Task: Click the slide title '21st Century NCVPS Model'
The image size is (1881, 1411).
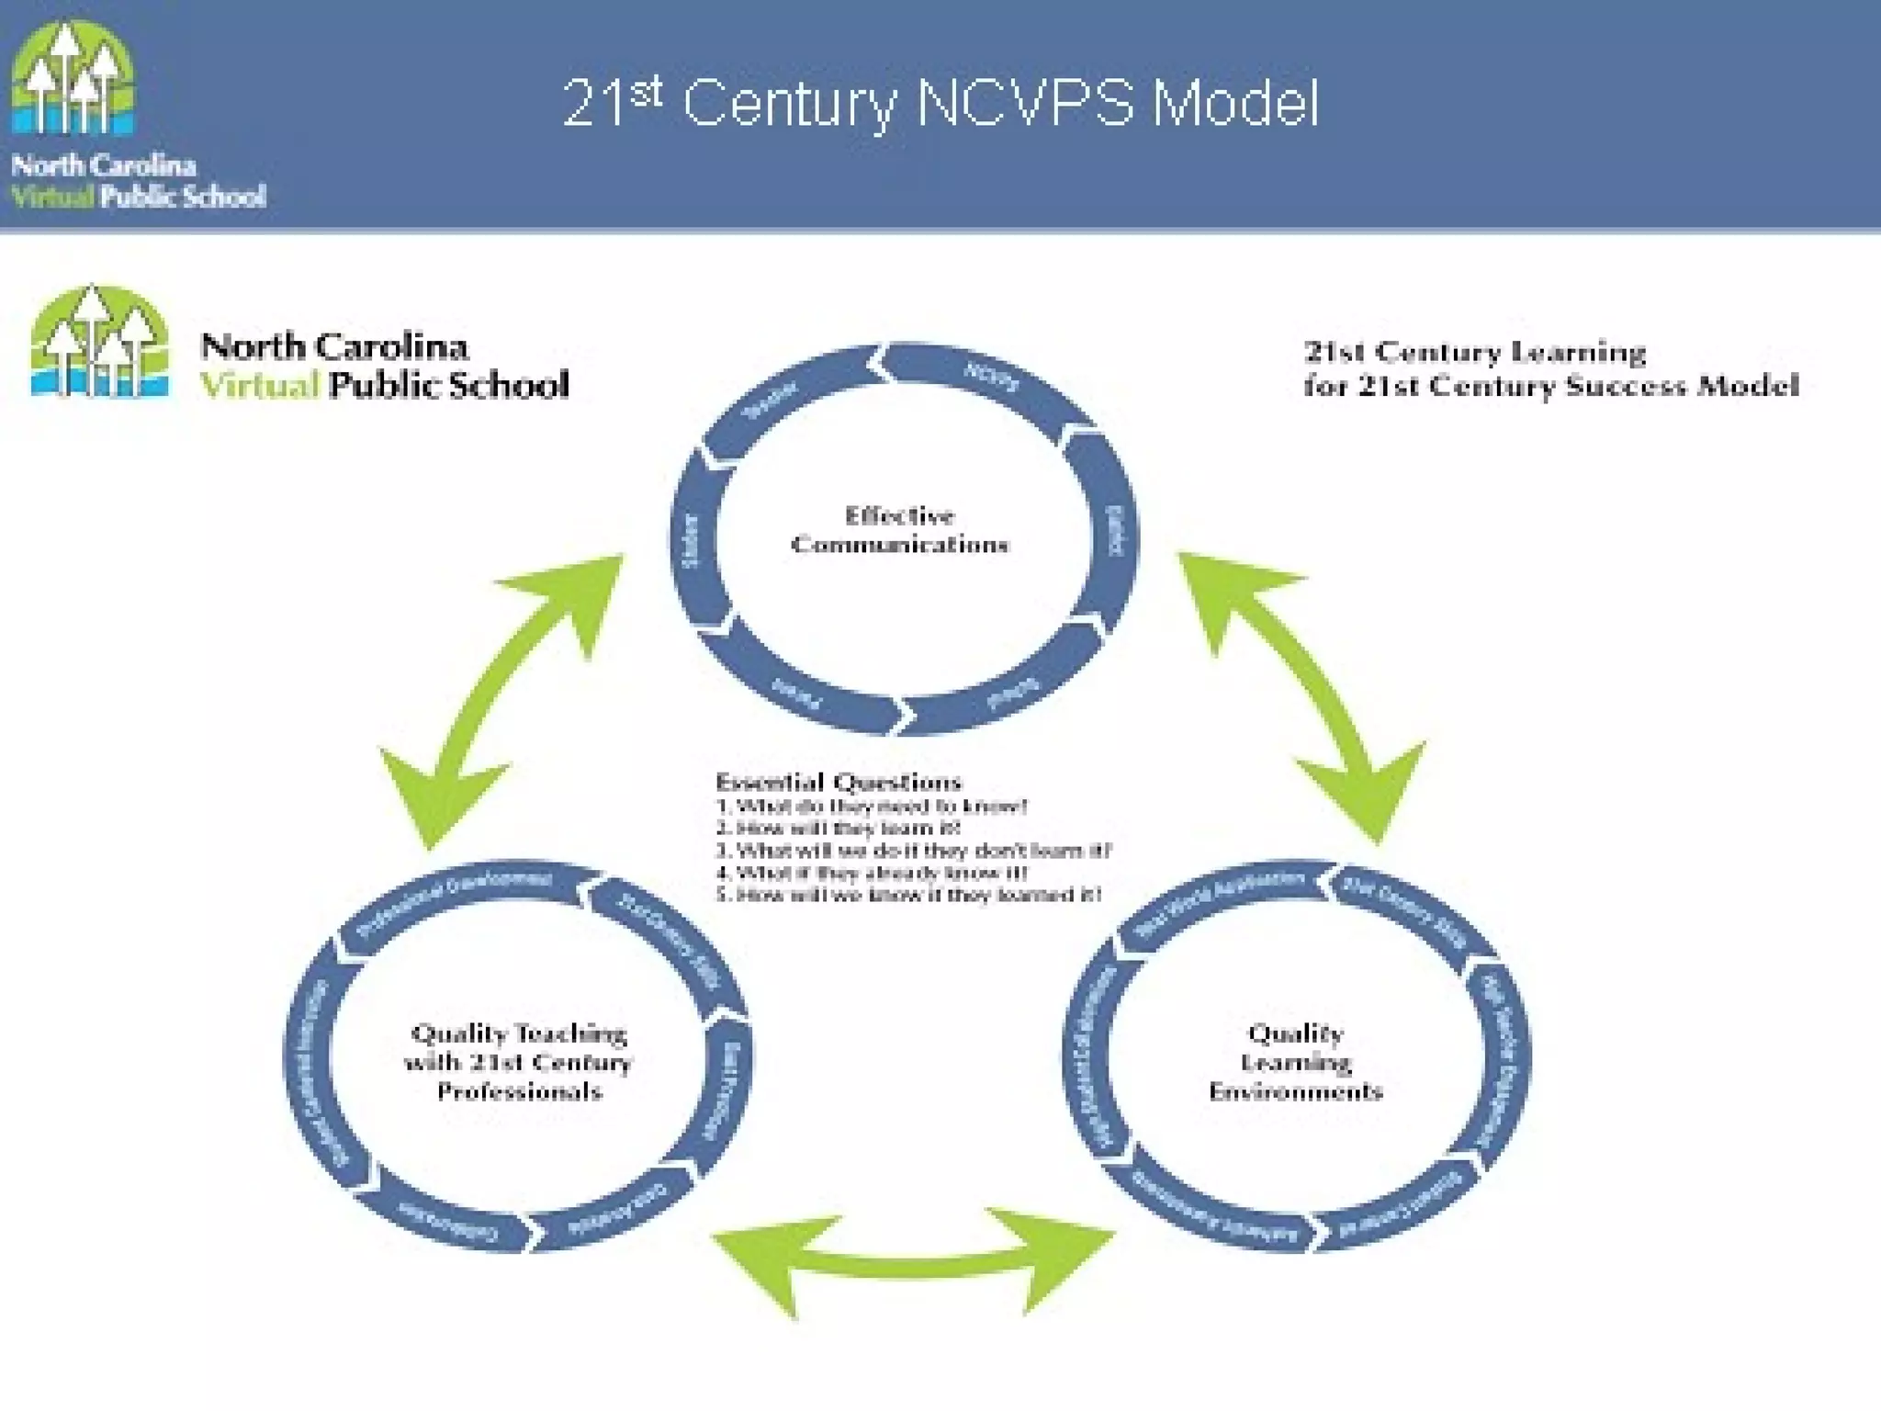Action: coord(940,103)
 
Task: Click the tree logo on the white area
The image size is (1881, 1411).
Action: coord(99,342)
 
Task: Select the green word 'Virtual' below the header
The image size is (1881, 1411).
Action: coord(260,385)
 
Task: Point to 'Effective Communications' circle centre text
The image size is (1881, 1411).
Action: coord(900,530)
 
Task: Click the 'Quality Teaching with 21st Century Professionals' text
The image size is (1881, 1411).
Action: coord(519,1062)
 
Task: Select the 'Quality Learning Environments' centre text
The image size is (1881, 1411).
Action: coord(1295,1062)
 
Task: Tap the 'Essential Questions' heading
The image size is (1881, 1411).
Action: coord(838,783)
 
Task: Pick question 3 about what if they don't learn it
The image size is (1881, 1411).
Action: coord(913,851)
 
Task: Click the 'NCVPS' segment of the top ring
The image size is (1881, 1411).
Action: coord(991,378)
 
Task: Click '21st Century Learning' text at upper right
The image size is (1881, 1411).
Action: coord(1474,353)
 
